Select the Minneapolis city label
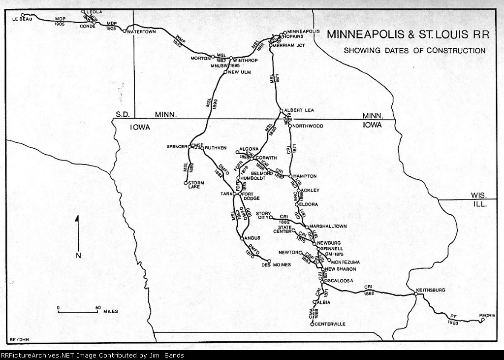click(300, 31)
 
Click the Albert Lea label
click(299, 110)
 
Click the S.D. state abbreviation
click(122, 114)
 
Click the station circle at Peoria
click(483, 320)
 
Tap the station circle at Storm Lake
click(186, 183)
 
